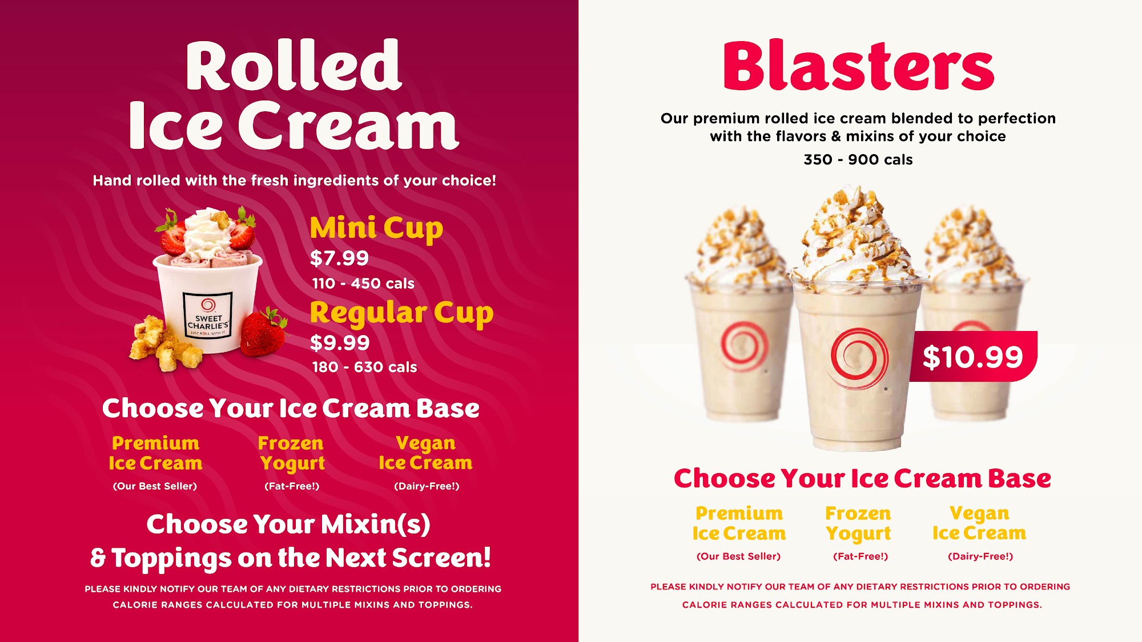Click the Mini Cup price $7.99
coord(339,258)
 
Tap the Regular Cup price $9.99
coord(340,342)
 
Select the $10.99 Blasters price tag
coord(973,357)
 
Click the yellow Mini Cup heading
coord(376,228)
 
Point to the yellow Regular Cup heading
coord(401,313)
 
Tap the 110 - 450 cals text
coord(363,284)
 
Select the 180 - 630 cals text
coord(364,367)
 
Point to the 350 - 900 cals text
coord(858,160)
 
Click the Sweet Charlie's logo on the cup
coord(208,314)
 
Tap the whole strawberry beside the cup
coord(263,332)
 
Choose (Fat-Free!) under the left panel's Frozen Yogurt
coord(292,486)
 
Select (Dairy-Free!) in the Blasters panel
coord(980,556)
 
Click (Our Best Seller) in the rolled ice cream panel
coord(155,486)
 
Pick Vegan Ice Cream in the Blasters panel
coord(979,523)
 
